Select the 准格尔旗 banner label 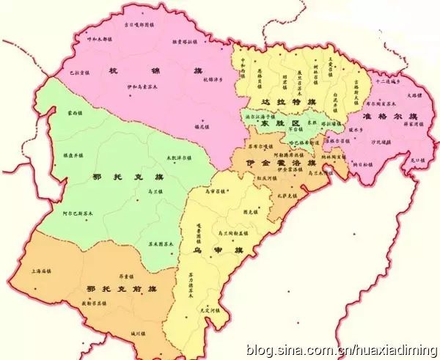pos(391,117)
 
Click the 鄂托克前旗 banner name pos(110,289)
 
